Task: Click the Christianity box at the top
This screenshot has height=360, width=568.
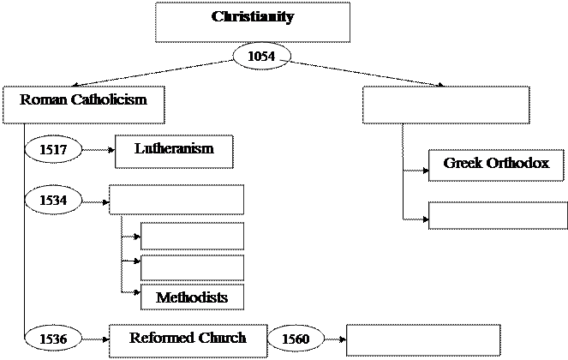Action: (252, 21)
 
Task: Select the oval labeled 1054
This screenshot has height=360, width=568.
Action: (261, 57)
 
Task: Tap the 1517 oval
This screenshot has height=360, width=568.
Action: (53, 150)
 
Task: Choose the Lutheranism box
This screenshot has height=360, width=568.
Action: (174, 151)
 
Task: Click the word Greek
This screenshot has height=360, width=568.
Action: (462, 163)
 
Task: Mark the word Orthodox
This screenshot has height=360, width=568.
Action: (517, 163)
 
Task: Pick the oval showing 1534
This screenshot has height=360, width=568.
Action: (53, 201)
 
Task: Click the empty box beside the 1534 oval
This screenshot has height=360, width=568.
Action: (176, 200)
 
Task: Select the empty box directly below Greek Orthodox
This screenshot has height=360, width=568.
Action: (497, 215)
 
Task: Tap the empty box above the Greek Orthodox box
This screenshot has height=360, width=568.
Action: (445, 105)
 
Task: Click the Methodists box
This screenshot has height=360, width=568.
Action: (192, 297)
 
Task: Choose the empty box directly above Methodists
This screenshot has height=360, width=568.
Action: (192, 267)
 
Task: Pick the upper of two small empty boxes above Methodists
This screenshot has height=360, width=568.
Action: (192, 236)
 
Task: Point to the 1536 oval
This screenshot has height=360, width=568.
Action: (53, 339)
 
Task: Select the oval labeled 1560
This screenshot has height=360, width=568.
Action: (295, 339)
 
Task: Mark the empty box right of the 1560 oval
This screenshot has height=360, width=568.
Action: (408, 340)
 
